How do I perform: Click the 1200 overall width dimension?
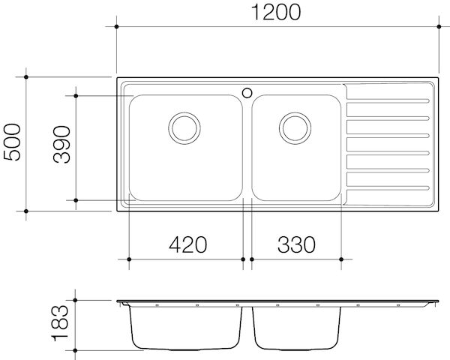coord(277,13)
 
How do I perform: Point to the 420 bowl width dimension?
coord(186,244)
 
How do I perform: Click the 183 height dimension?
coord(63,326)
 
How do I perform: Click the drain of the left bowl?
coord(183,127)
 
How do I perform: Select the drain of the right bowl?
coord(293,127)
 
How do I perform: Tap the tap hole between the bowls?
coord(247,93)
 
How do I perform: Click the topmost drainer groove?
coord(388,101)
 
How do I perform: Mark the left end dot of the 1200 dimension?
coord(117,26)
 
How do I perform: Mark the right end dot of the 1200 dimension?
coord(439,26)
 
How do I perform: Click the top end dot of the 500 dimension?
coord(27,76)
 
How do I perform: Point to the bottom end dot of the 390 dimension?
coord(77,200)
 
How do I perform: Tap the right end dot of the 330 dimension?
coord(344,259)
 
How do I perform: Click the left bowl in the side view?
coord(186,328)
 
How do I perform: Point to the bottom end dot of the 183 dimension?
coord(77,350)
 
